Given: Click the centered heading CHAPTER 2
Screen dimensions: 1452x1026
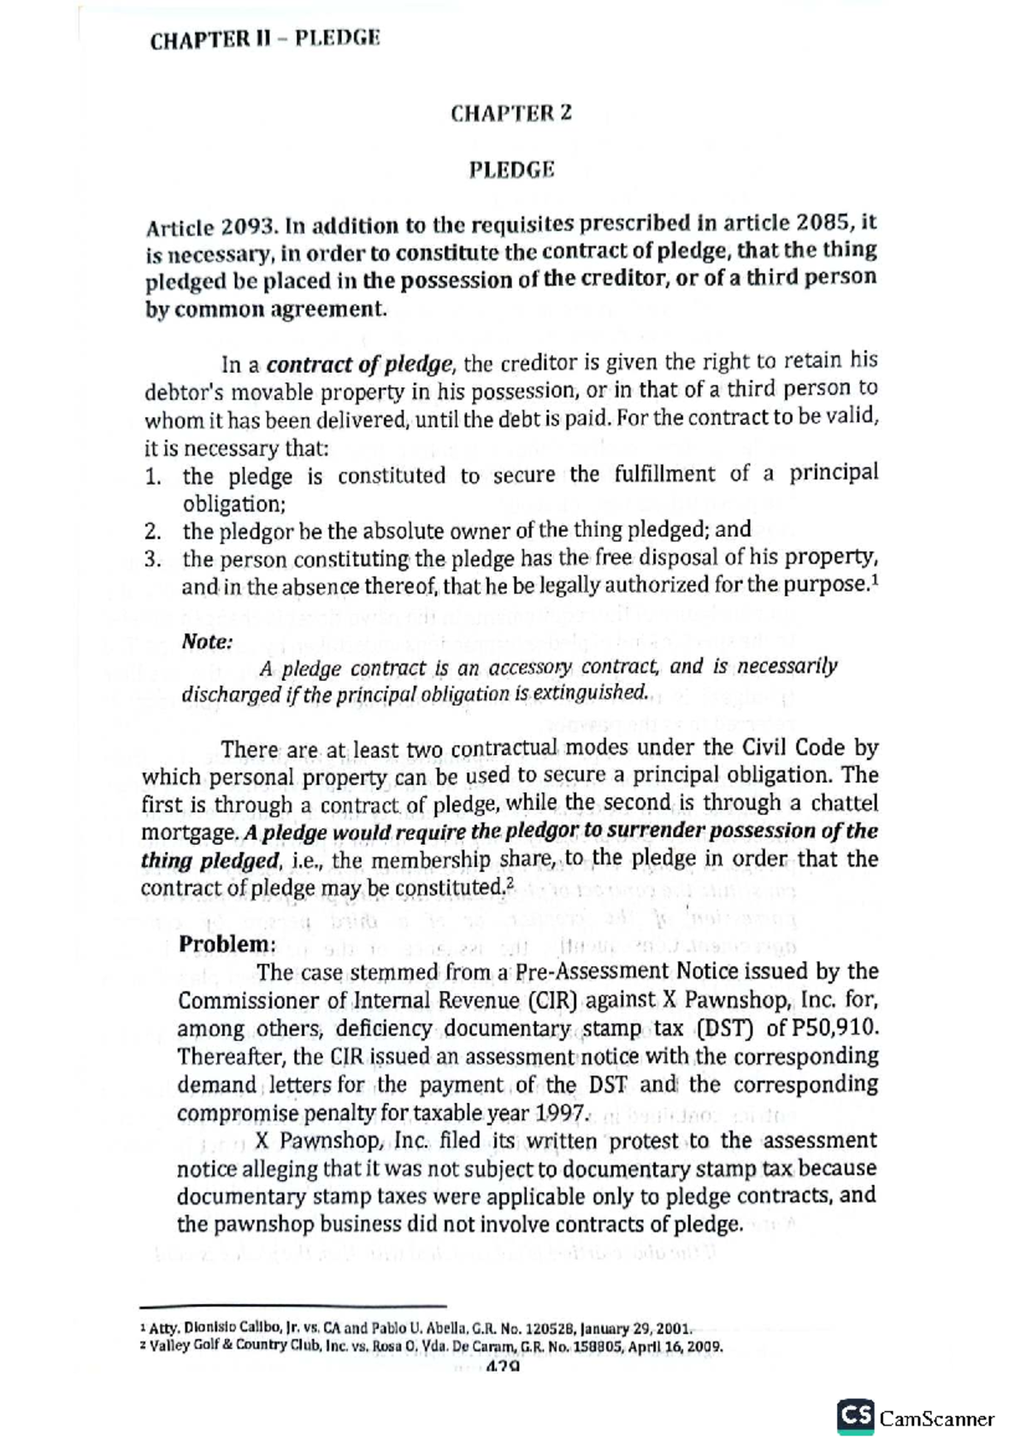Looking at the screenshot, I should [511, 113].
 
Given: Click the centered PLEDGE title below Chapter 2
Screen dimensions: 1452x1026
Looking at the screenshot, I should [511, 169].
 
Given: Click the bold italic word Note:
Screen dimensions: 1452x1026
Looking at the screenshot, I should [207, 641].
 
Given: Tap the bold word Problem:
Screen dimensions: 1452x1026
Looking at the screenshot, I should [227, 944].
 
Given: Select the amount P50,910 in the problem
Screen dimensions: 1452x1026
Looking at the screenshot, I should [834, 1028].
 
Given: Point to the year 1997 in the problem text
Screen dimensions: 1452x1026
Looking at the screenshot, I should [560, 1113].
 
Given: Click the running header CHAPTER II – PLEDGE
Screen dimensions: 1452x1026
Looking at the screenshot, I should [264, 40].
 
